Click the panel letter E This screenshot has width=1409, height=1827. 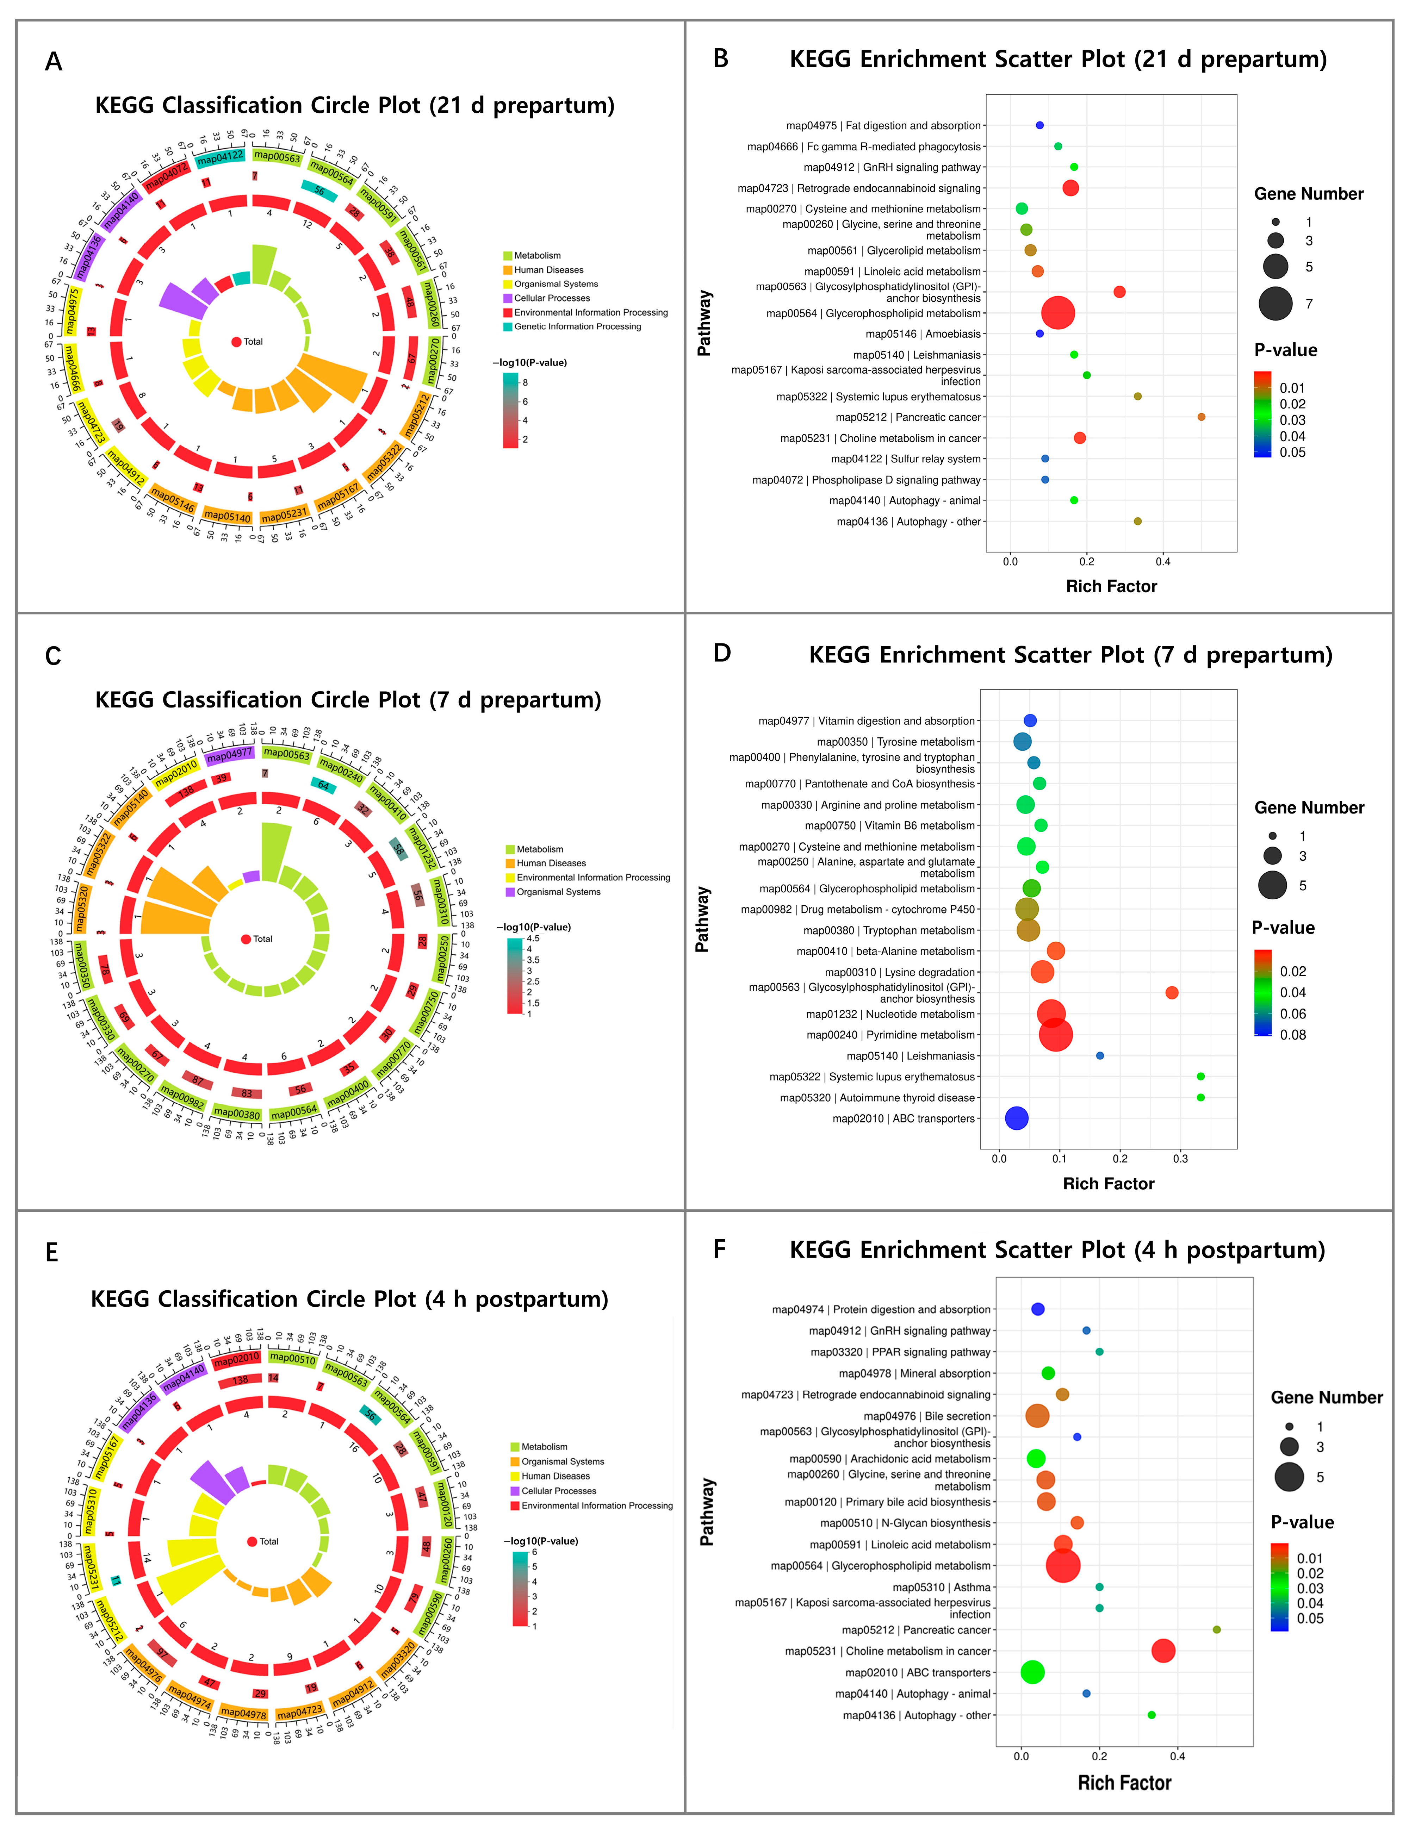(x=52, y=1252)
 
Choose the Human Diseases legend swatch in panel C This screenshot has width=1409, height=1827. (x=510, y=863)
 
